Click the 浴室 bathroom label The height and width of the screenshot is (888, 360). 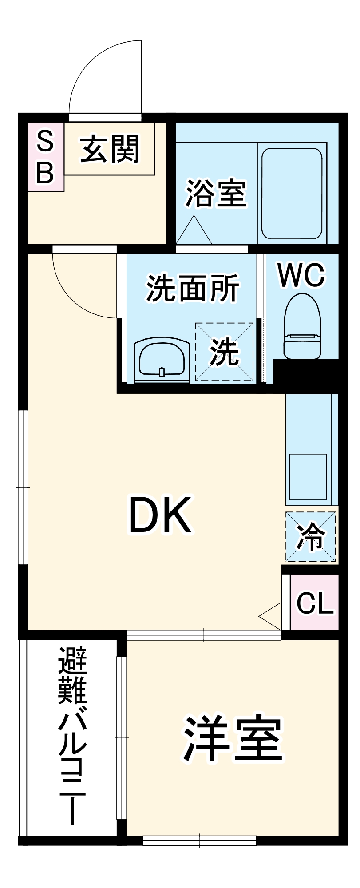[x=216, y=193]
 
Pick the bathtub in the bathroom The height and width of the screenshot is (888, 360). [x=292, y=193]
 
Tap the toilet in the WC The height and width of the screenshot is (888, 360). [x=302, y=326]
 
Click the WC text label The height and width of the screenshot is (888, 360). [x=301, y=275]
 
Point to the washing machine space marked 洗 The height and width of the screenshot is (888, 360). [x=225, y=352]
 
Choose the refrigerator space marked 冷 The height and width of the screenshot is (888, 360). [x=310, y=537]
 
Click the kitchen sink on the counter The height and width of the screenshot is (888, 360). [x=308, y=476]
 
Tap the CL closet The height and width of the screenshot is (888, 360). [x=315, y=603]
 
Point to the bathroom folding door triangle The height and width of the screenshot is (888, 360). [x=194, y=231]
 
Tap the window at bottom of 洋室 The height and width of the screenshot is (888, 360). [x=200, y=840]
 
